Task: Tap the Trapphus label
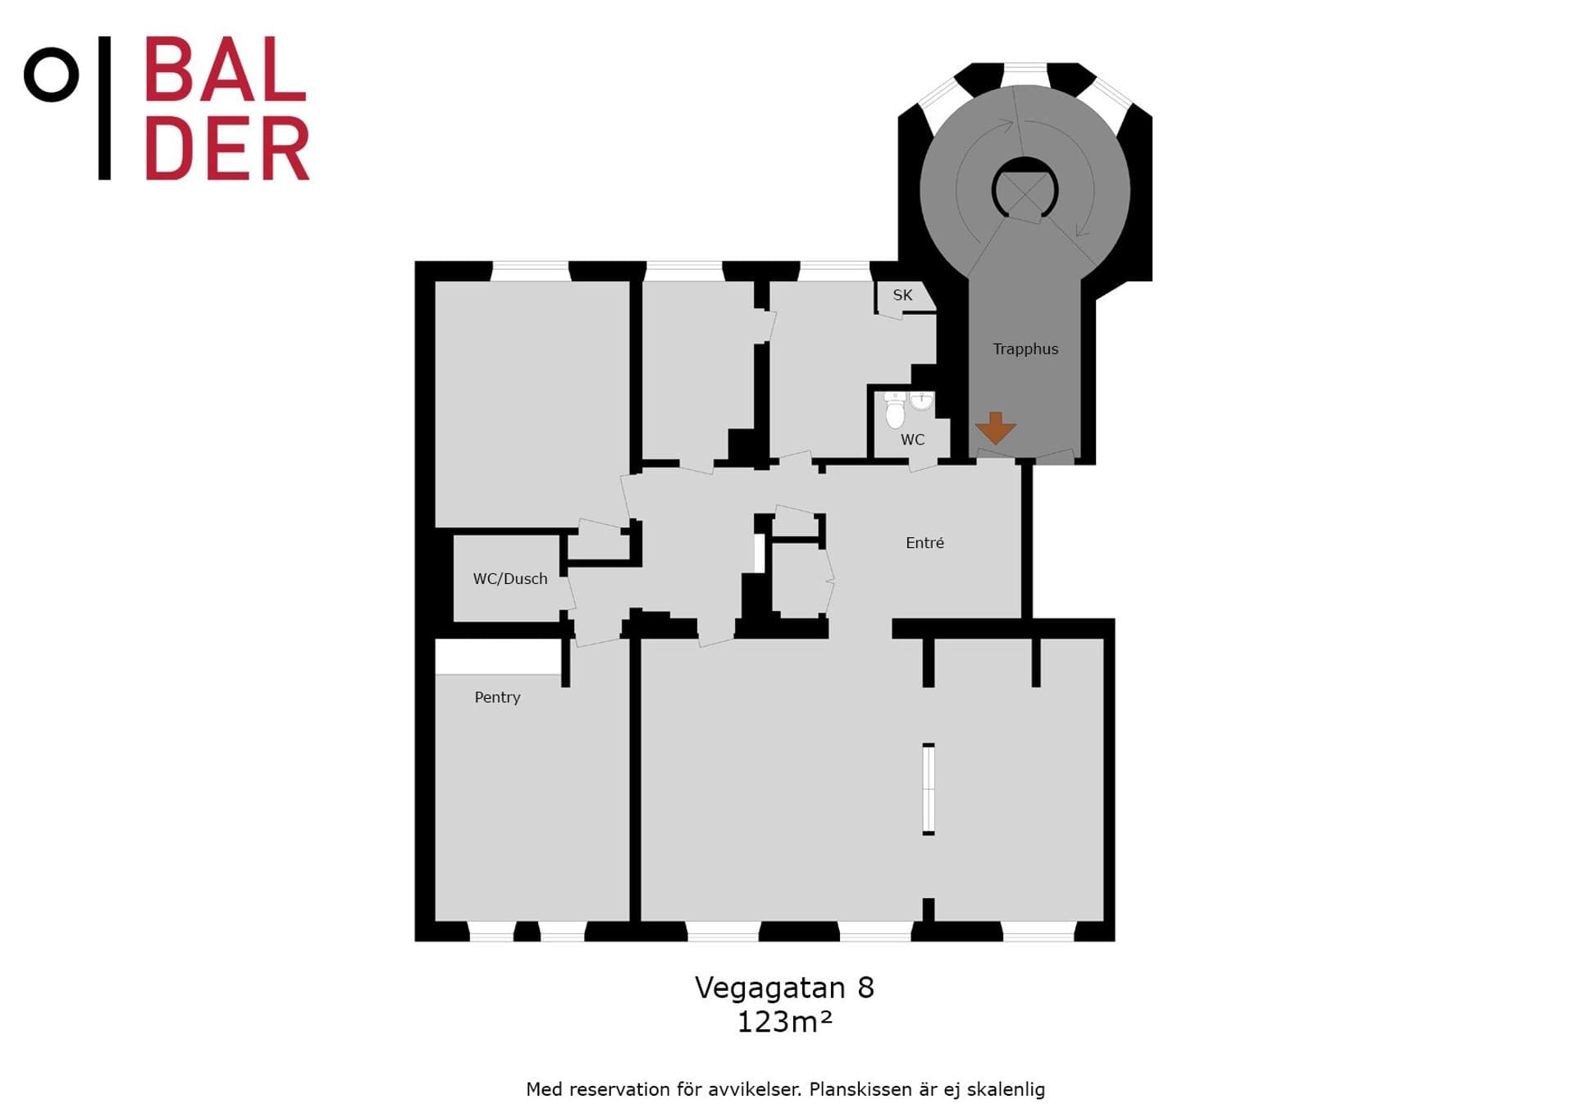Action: pos(1025,349)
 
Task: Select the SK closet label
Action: pos(902,295)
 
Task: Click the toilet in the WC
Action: pos(895,413)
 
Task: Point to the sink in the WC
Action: pos(922,401)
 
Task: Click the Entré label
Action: pos(924,543)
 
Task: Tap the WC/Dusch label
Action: pos(510,579)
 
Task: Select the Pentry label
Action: pos(497,697)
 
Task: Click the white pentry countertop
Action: pos(498,657)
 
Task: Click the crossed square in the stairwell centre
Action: pos(1025,191)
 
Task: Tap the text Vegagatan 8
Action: pos(785,988)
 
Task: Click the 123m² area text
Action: pos(785,1022)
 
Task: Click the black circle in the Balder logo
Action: pos(52,75)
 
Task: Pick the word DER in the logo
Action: pos(227,148)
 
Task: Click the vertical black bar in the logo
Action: pos(104,107)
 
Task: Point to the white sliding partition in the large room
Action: pos(929,789)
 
